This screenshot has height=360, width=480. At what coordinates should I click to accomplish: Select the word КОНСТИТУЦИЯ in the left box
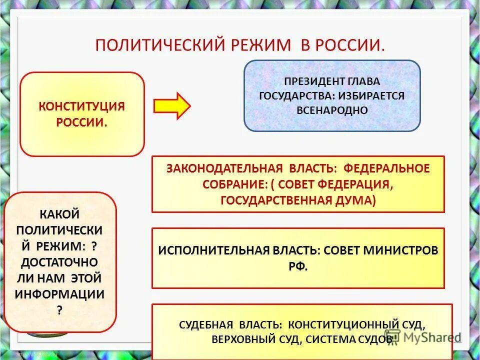(x=82, y=106)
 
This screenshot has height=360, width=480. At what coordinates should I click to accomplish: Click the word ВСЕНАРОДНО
(x=332, y=110)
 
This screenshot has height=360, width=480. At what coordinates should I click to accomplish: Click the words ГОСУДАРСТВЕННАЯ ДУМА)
(x=298, y=200)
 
